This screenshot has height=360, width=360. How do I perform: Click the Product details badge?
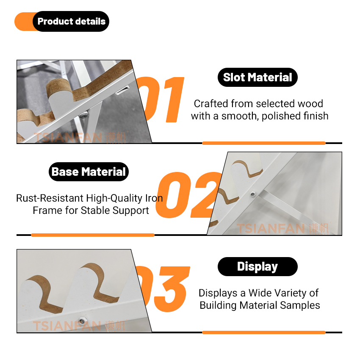click(x=62, y=21)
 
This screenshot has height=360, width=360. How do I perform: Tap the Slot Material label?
click(x=258, y=77)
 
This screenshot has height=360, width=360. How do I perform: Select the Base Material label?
click(x=89, y=172)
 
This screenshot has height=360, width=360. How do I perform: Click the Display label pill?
click(x=258, y=266)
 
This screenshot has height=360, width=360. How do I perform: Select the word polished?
click(x=281, y=116)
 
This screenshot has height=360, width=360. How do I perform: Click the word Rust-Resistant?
click(x=50, y=198)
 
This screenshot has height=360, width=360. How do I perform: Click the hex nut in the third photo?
click(x=81, y=321)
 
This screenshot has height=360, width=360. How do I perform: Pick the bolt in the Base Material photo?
click(x=253, y=194)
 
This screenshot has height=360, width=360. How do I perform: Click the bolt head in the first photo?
click(x=83, y=115)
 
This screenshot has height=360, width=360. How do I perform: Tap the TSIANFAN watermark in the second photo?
click(x=282, y=228)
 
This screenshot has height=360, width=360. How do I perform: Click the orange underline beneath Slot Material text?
click(x=264, y=143)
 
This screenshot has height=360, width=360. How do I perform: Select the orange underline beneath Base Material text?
click(x=93, y=235)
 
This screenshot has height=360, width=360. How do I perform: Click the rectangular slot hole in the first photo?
click(x=122, y=90)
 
